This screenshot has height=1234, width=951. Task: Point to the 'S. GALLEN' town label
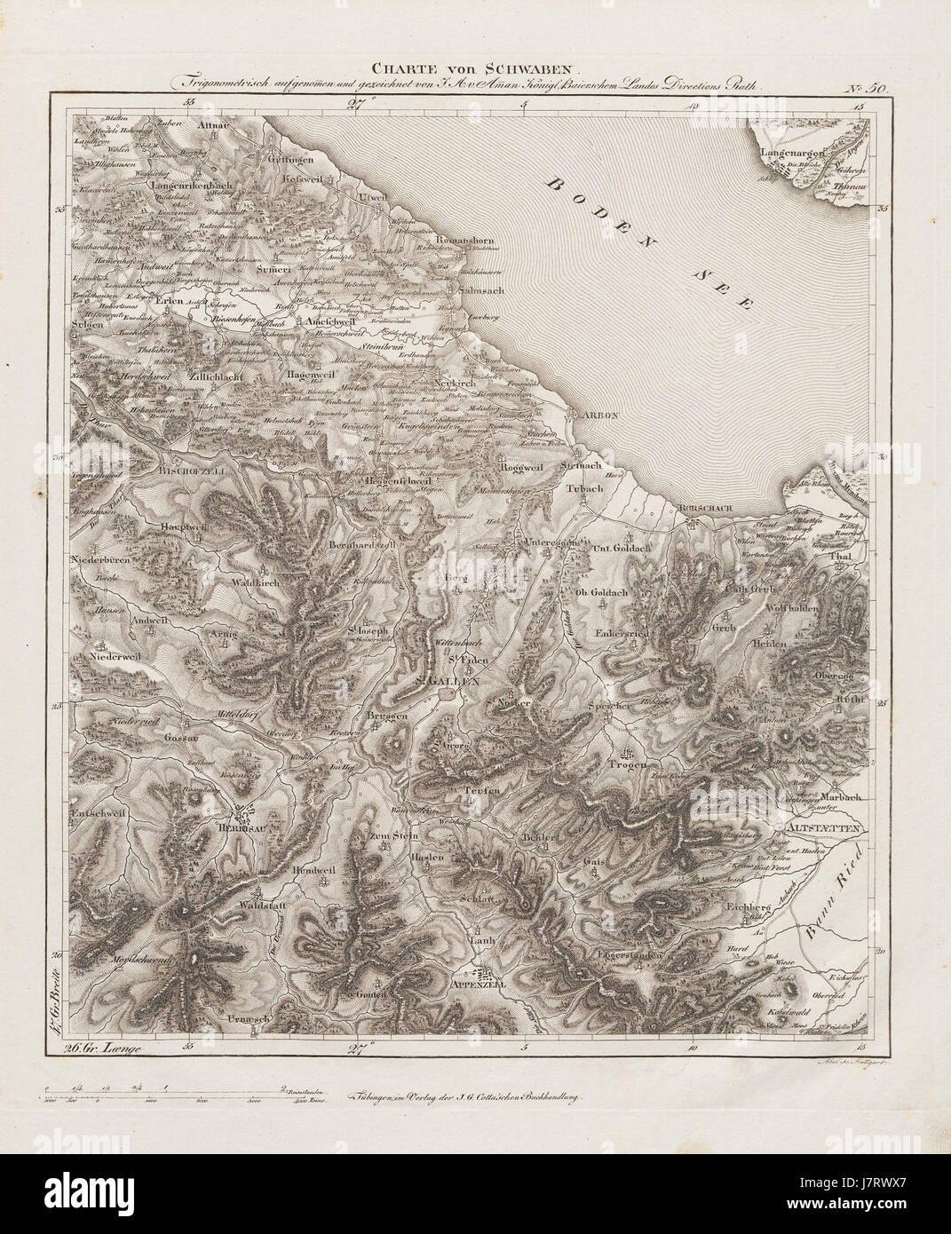448,682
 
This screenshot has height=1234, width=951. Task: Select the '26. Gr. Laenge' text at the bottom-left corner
104,1048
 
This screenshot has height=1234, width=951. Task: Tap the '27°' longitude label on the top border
356,107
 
